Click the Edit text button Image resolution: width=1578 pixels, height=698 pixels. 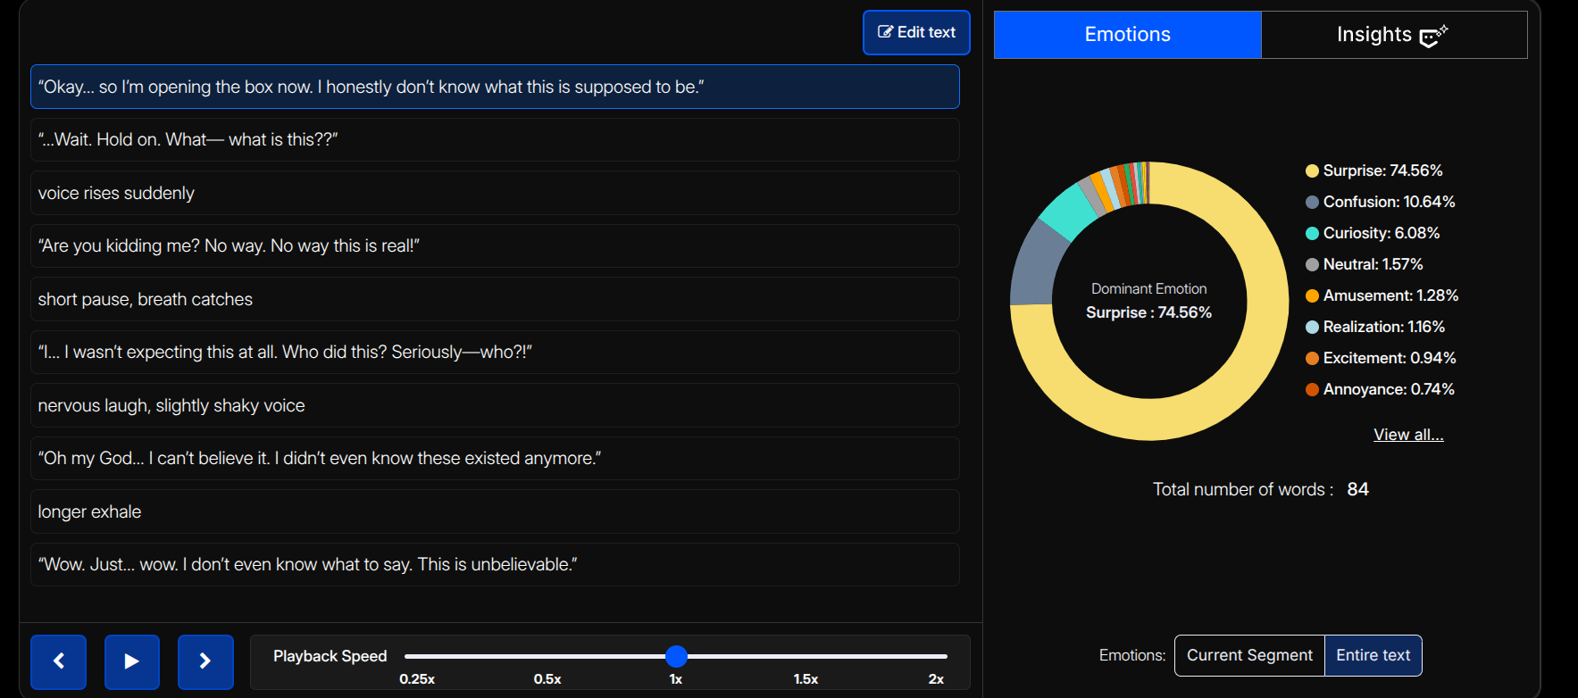(x=916, y=33)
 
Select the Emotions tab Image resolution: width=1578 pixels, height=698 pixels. (x=1127, y=35)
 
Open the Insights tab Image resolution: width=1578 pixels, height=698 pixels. (x=1393, y=35)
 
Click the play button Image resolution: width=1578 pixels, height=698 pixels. (x=132, y=661)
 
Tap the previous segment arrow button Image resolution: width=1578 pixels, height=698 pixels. (x=59, y=661)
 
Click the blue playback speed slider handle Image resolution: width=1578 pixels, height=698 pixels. (x=676, y=657)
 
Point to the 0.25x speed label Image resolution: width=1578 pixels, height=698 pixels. (x=417, y=679)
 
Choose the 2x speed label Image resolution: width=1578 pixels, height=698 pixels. (x=936, y=679)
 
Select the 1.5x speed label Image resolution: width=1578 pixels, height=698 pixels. (x=806, y=679)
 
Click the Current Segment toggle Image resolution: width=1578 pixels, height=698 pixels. (x=1249, y=655)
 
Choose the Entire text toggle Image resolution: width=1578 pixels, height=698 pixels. (x=1373, y=655)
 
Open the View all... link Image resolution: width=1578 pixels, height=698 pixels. (x=1408, y=435)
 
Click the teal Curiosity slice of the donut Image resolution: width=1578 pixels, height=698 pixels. (x=1068, y=212)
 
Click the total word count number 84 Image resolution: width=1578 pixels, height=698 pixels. (x=1357, y=489)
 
